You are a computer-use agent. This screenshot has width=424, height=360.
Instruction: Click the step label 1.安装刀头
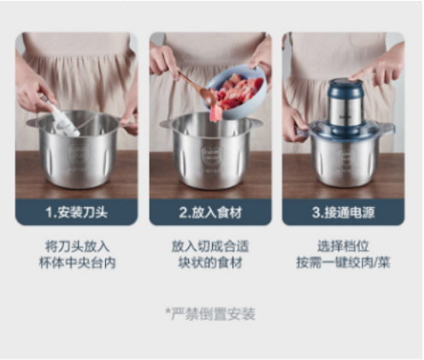coord(77,212)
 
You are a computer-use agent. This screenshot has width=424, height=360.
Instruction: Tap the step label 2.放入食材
coord(210,212)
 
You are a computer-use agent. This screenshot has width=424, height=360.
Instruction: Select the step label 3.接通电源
coord(344,212)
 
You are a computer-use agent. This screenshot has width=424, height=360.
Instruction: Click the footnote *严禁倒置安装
coord(210,314)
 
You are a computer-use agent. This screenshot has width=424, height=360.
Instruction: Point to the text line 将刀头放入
coord(77,246)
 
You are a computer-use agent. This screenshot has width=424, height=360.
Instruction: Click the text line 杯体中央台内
coord(77,263)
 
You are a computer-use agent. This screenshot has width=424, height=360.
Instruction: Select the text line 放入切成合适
coord(210,246)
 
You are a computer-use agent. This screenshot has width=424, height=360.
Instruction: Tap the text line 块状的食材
coord(210,263)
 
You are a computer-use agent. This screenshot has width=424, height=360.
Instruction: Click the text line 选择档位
coord(344,246)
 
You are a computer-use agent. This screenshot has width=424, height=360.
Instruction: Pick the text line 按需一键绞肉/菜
coord(344,263)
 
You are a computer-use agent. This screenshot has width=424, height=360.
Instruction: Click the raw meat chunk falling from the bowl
coord(215,113)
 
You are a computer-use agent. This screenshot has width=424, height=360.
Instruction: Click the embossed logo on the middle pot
coord(212,157)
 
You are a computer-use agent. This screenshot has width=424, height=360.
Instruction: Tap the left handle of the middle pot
coord(167,123)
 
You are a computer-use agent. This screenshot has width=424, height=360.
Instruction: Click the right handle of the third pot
coord(387,127)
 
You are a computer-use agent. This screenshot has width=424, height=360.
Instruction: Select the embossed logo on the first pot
coord(79,156)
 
